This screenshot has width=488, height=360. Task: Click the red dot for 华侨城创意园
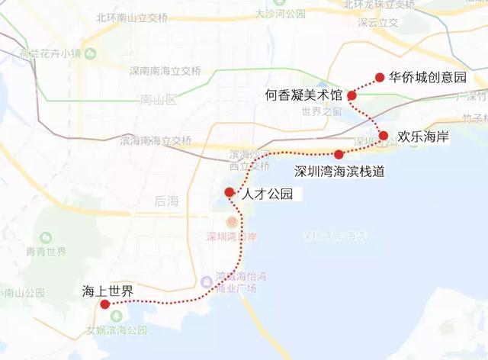click(379, 77)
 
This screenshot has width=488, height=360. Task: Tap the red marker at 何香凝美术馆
click(352, 95)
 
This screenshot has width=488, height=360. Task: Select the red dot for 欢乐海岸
click(384, 136)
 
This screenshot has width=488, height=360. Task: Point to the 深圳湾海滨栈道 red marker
click(339, 154)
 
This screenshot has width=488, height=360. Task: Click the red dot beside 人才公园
click(229, 192)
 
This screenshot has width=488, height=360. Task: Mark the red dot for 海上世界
click(105, 304)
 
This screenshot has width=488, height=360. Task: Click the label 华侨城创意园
click(426, 77)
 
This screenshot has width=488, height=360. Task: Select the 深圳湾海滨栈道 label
click(339, 171)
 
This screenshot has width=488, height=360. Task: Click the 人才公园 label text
click(267, 194)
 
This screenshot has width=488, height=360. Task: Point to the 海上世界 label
click(108, 291)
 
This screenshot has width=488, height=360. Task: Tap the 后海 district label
click(165, 201)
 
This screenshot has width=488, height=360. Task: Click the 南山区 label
click(158, 100)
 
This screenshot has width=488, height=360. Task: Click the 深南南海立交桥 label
click(165, 72)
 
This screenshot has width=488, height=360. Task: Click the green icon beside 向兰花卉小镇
click(90, 53)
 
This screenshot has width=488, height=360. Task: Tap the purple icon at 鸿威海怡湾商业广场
click(207, 281)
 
